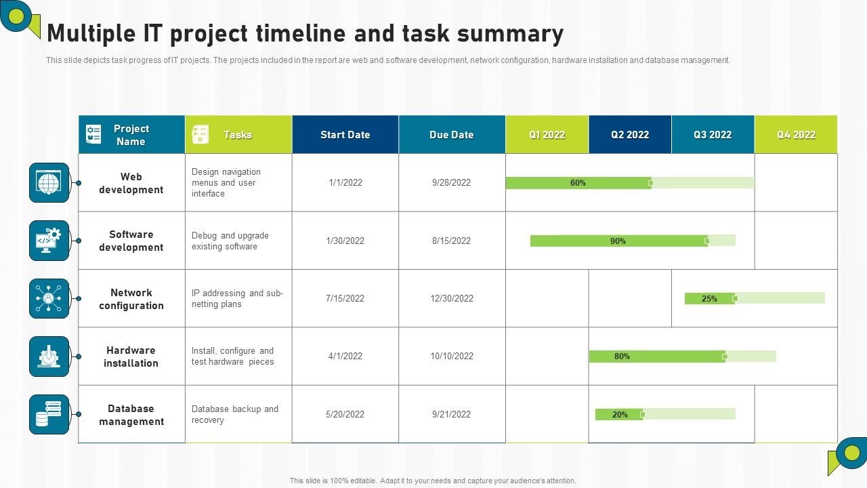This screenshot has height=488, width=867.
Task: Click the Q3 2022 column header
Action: point(713,135)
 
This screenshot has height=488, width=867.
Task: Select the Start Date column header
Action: point(345,135)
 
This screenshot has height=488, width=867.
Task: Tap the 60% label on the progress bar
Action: point(578,183)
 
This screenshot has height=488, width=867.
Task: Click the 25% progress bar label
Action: point(709,299)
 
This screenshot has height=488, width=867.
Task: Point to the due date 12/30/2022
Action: point(452,298)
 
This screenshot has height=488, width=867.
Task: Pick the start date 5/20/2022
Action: point(345,414)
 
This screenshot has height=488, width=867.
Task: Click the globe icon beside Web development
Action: point(49,183)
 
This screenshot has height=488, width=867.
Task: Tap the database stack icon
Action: point(49,414)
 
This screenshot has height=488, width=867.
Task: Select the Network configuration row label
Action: point(131,299)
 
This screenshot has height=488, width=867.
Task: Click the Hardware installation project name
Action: point(131,357)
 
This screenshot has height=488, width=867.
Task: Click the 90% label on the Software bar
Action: point(618,241)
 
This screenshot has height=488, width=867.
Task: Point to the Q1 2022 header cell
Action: point(547,135)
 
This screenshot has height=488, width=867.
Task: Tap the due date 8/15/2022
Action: point(452,241)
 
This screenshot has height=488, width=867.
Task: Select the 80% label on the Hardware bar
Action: point(622,357)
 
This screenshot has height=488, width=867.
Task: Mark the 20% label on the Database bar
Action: point(620,415)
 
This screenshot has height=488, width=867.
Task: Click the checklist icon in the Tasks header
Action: point(200,134)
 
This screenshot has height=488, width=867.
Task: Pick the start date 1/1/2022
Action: point(345,182)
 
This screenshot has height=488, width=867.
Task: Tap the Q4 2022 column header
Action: point(796,135)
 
